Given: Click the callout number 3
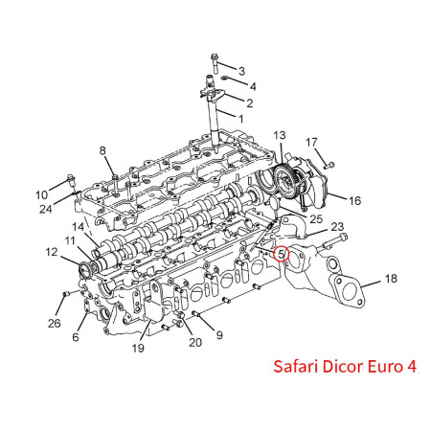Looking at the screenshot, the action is (241, 71).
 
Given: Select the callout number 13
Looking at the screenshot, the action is (280, 135).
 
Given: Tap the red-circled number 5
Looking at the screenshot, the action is (281, 254).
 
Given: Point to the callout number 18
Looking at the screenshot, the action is (391, 279).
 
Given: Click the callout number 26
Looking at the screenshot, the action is (55, 323).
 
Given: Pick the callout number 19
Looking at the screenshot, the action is (138, 348).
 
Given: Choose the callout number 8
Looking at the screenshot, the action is (102, 150).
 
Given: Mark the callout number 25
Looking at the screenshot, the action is (316, 218).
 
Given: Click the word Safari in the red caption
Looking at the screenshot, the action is (296, 366).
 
